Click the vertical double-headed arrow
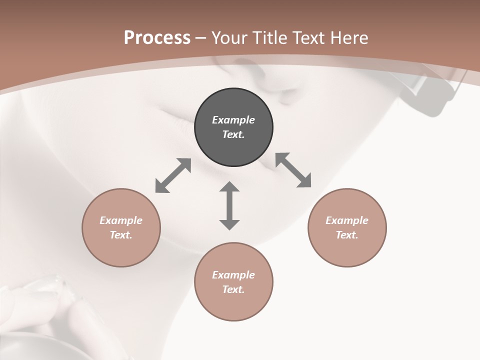click(229, 205)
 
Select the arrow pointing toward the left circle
click(173, 175)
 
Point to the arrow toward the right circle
click(293, 170)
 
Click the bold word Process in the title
click(157, 38)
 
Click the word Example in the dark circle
click(233, 120)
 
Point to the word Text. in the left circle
click(121, 235)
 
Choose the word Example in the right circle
click(347, 220)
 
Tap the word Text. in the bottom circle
click(233, 289)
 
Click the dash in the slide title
click(200, 38)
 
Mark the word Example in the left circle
click(121, 220)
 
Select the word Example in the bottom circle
click(233, 275)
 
